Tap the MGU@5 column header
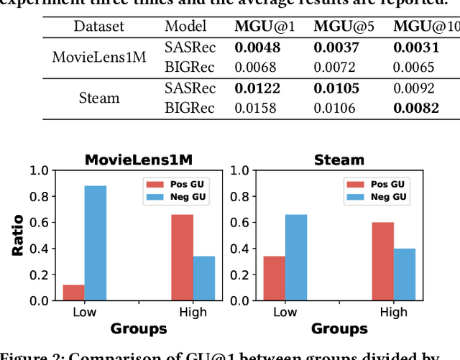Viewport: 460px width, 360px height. pyautogui.click(x=339, y=27)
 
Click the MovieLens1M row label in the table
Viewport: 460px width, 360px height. pyautogui.click(x=98, y=57)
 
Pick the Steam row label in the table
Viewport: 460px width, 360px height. pyautogui.click(x=98, y=98)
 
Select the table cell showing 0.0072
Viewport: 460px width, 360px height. pyautogui.click(x=339, y=68)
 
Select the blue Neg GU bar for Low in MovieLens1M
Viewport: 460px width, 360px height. pyautogui.click(x=95, y=244)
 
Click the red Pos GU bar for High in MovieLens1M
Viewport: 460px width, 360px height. pyautogui.click(x=183, y=257)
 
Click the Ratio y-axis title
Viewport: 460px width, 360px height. pyautogui.click(x=17, y=236)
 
